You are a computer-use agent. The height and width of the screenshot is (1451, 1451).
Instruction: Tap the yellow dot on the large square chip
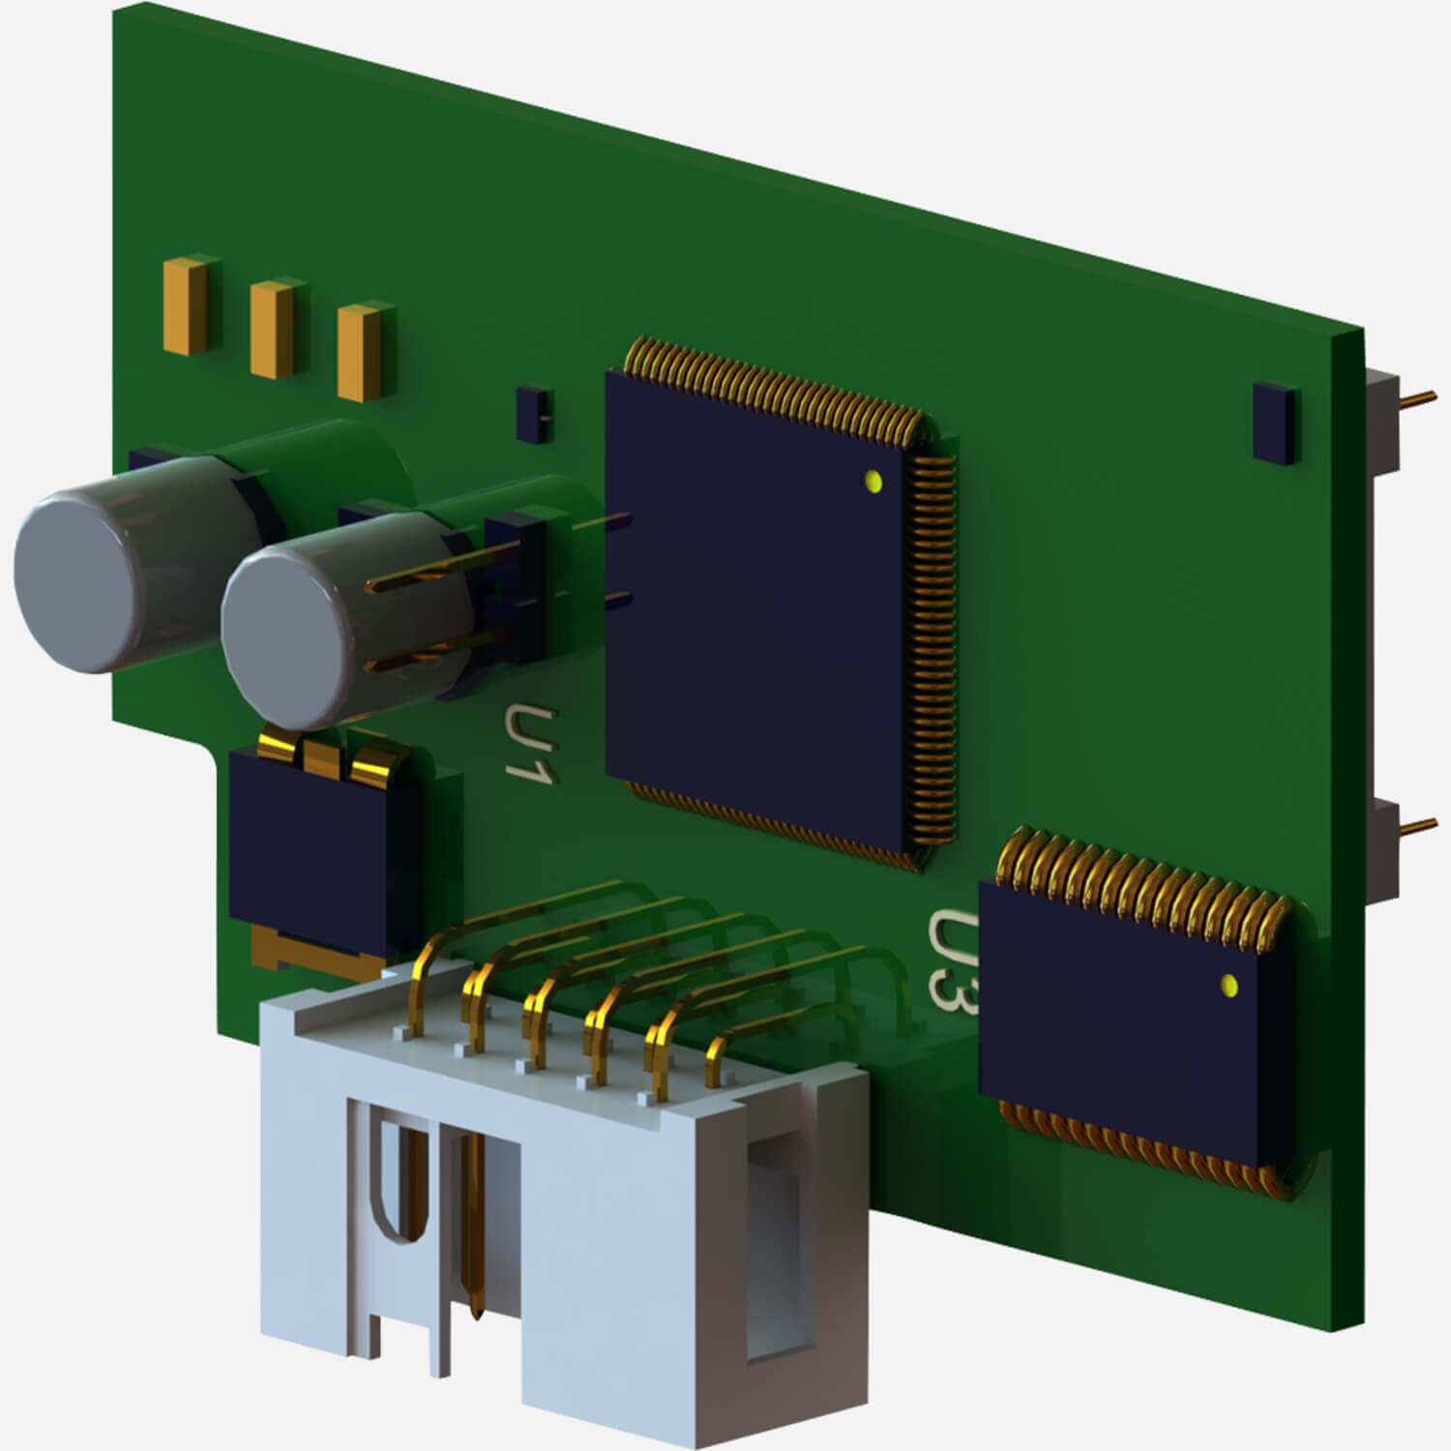click(874, 480)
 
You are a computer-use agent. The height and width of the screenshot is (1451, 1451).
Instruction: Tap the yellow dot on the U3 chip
click(1229, 986)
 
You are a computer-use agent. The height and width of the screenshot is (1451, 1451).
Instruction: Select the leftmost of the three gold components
click(184, 308)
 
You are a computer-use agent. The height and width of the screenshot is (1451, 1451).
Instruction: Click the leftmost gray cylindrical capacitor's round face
click(77, 580)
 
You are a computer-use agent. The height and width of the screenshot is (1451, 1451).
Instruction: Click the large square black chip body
click(755, 619)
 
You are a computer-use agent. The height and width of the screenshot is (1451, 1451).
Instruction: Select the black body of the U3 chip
click(1122, 1025)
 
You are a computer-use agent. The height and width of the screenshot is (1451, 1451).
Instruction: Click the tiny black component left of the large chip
click(533, 414)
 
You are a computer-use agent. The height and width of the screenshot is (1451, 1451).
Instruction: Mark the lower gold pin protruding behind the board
click(1418, 825)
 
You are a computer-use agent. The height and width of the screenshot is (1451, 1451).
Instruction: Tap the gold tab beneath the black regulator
click(310, 953)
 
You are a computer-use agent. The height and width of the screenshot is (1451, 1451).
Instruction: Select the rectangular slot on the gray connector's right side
click(774, 1248)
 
